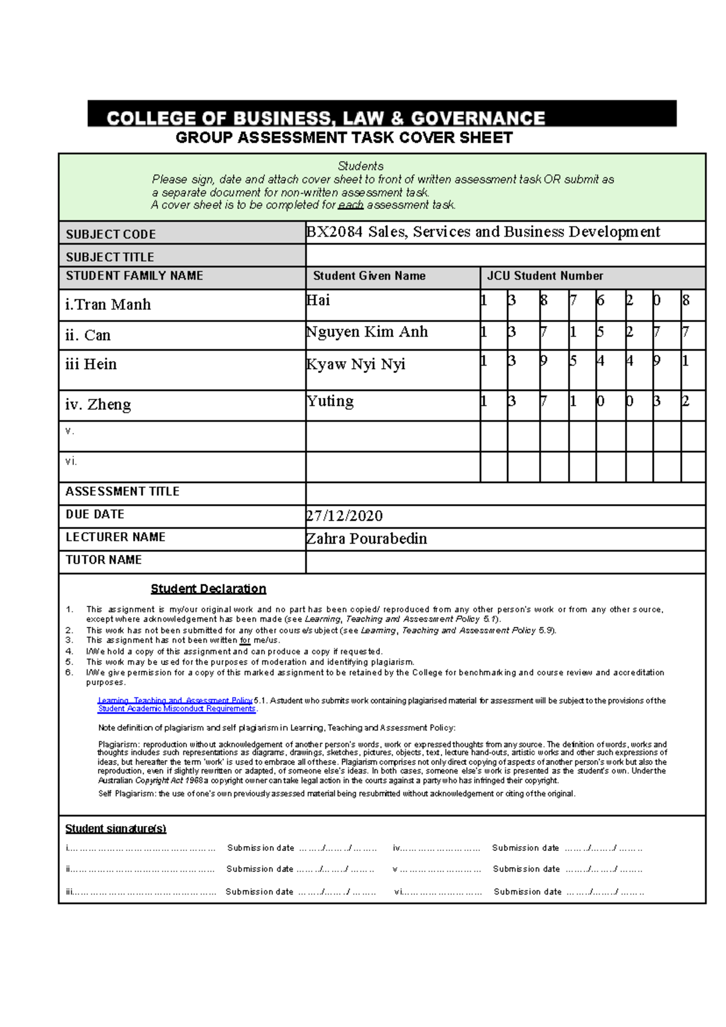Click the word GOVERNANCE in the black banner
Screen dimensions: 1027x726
point(478,118)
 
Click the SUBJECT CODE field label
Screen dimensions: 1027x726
point(111,234)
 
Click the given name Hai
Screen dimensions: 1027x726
point(318,300)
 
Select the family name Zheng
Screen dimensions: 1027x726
point(109,404)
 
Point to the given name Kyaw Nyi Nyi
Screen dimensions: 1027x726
point(356,364)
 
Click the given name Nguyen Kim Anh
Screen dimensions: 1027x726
point(367,332)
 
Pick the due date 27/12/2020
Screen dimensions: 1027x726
point(344,516)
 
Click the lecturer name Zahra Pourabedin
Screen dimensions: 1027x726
point(367,539)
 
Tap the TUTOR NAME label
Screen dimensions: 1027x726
point(103,560)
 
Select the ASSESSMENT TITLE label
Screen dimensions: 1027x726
point(122,491)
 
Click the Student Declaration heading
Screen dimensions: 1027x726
point(208,589)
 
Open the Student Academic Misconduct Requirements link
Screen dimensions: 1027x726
point(177,709)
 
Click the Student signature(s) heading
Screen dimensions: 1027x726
point(116,828)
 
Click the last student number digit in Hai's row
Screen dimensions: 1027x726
point(685,300)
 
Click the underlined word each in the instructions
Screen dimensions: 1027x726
point(350,205)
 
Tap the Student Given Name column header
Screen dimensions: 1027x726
point(369,276)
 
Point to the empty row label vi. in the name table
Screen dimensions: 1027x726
point(71,461)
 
